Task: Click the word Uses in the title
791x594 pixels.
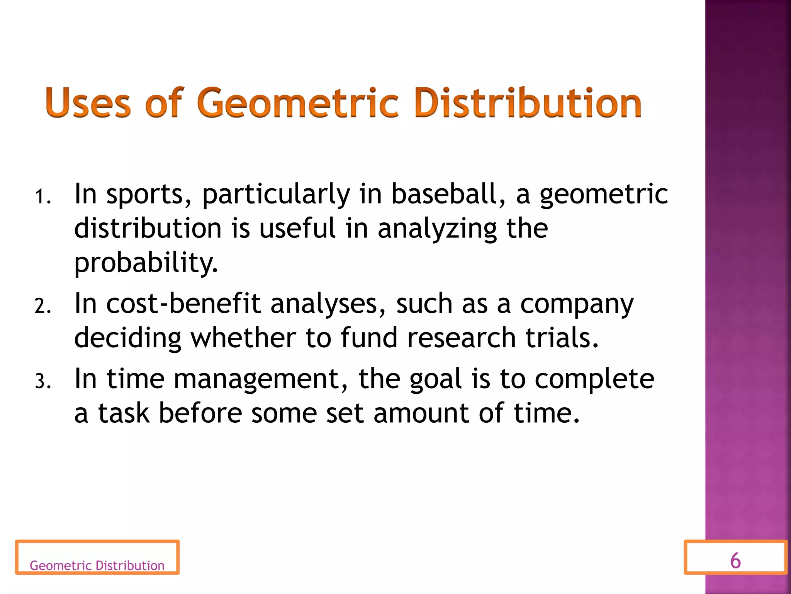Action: point(88,103)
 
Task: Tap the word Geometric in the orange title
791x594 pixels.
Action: point(297,103)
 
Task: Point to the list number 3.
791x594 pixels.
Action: point(42,381)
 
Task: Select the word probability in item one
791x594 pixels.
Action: point(146,263)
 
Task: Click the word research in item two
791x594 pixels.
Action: point(462,338)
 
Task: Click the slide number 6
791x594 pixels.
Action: point(735,560)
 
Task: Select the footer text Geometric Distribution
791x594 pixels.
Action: point(97,565)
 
